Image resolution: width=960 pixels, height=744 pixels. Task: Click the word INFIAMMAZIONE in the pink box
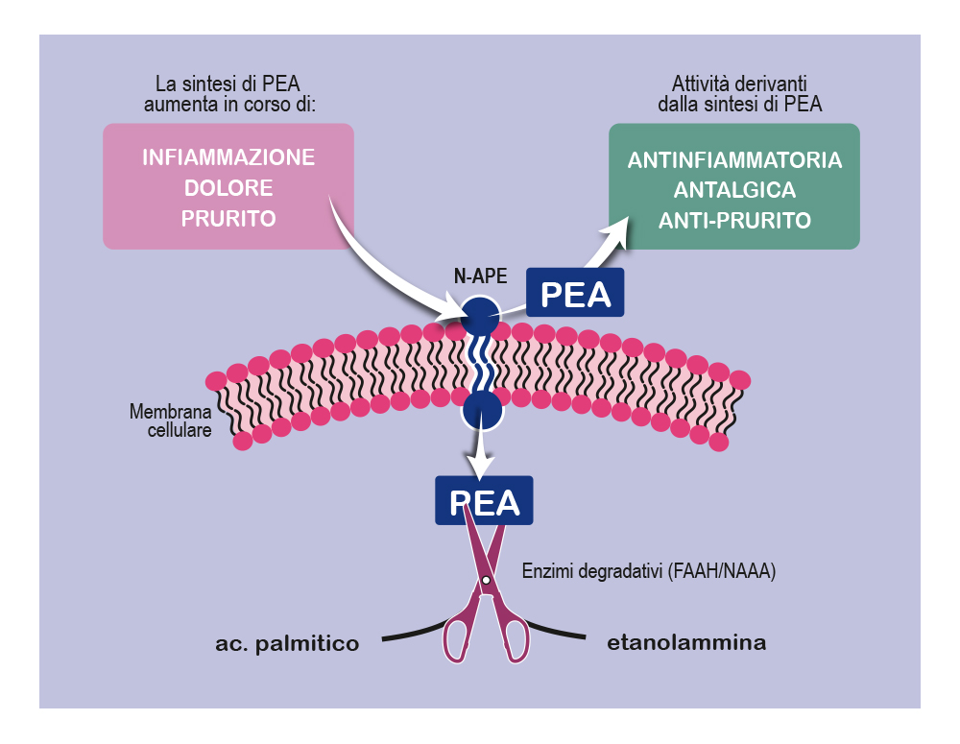228,157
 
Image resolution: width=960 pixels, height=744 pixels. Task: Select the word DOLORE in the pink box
228,188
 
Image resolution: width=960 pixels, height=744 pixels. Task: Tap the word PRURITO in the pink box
228,219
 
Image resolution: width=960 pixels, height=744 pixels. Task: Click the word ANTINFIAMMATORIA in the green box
734,160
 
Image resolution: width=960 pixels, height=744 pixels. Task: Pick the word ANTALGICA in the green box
734,190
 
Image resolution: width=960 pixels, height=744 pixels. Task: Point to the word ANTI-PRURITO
734,221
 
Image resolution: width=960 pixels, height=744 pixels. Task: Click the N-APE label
480,276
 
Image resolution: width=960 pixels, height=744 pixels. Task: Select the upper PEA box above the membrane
576,293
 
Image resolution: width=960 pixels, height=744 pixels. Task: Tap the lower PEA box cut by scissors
484,501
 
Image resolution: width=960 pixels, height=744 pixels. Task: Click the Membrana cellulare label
171,421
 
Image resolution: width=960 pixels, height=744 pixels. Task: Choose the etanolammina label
686,643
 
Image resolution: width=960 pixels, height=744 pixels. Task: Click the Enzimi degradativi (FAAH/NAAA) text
648,572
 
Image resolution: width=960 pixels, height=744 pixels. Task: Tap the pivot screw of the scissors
486,581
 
